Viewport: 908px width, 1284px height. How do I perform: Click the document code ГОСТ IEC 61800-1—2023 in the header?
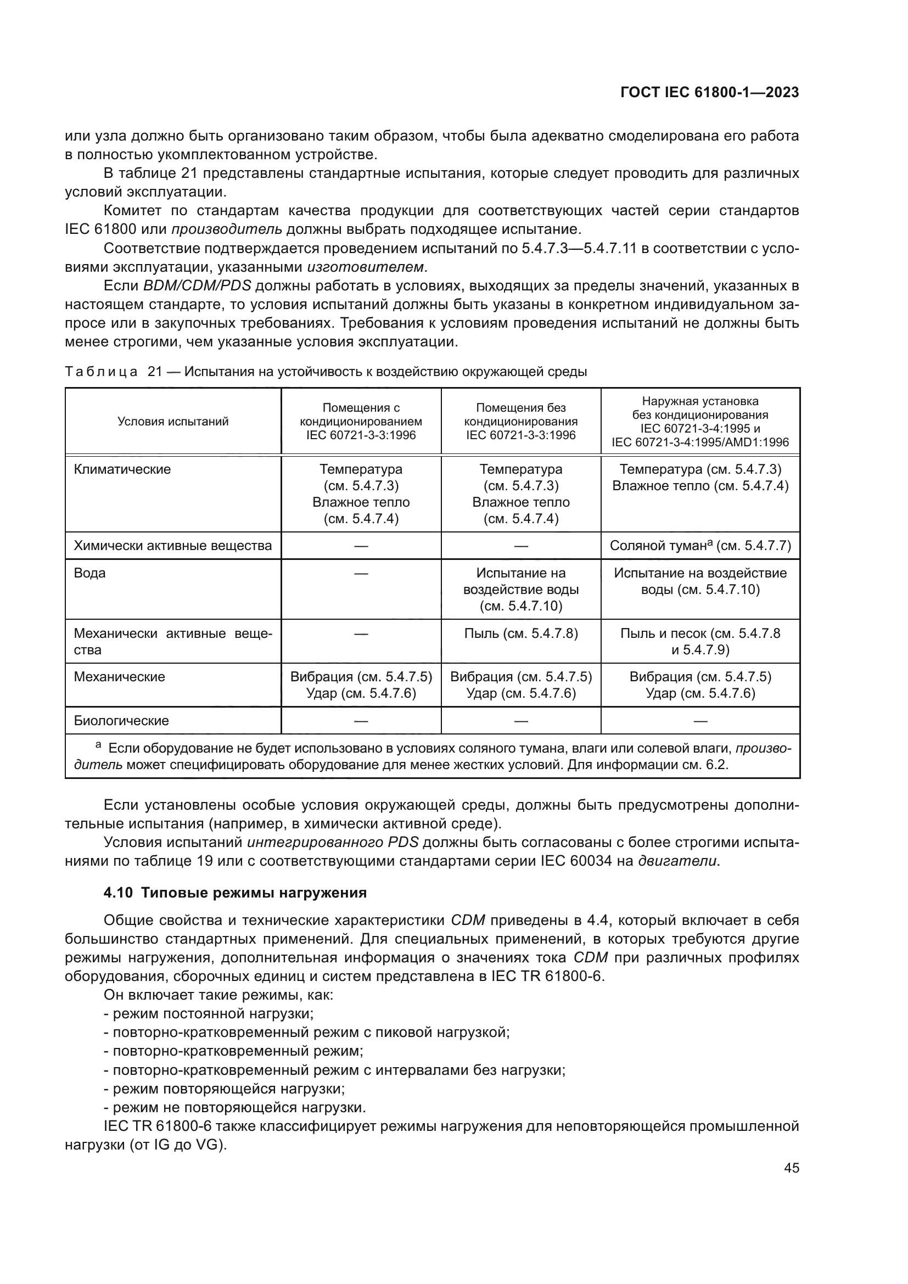[709, 93]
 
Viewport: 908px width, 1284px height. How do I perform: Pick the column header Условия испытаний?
[173, 422]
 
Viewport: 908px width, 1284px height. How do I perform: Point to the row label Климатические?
[122, 469]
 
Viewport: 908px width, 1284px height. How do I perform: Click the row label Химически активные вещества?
[173, 545]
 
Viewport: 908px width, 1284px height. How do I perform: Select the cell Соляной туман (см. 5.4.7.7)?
[700, 545]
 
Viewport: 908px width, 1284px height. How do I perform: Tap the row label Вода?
[89, 573]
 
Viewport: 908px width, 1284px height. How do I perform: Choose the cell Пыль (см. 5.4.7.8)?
[520, 633]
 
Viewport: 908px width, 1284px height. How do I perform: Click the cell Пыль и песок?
[700, 641]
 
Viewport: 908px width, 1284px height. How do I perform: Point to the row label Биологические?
[121, 720]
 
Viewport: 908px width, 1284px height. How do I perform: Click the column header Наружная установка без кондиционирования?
[700, 422]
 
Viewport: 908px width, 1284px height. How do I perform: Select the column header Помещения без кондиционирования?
[520, 422]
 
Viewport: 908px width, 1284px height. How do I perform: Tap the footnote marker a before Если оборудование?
[98, 745]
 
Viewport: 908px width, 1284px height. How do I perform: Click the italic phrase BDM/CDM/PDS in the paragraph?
[198, 286]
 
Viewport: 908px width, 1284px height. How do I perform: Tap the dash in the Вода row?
[361, 573]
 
